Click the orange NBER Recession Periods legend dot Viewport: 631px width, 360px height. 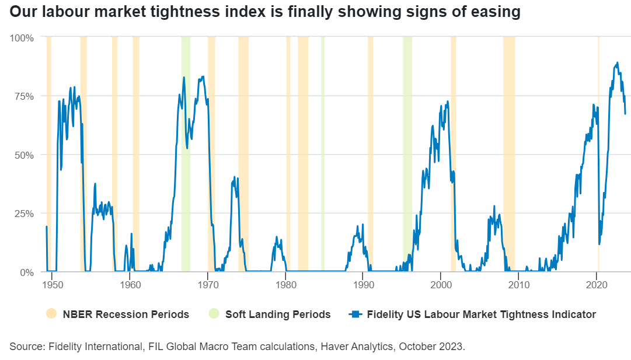click(x=51, y=314)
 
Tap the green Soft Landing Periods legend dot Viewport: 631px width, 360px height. click(x=215, y=314)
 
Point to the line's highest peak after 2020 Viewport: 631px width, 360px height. click(x=618, y=62)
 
